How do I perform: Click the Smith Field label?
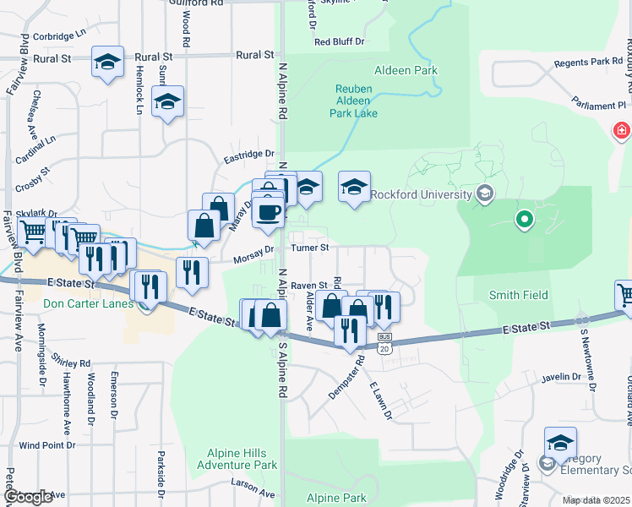(518, 295)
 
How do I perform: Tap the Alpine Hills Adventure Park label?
(237, 459)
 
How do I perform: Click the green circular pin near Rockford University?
(524, 221)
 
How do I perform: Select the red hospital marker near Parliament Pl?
(622, 131)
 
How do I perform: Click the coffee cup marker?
(270, 213)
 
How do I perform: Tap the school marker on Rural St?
(107, 62)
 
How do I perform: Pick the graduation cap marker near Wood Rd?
(167, 102)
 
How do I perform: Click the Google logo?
(28, 497)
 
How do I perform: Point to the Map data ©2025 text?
(597, 500)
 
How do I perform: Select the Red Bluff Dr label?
(339, 41)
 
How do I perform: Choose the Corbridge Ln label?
(61, 36)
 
